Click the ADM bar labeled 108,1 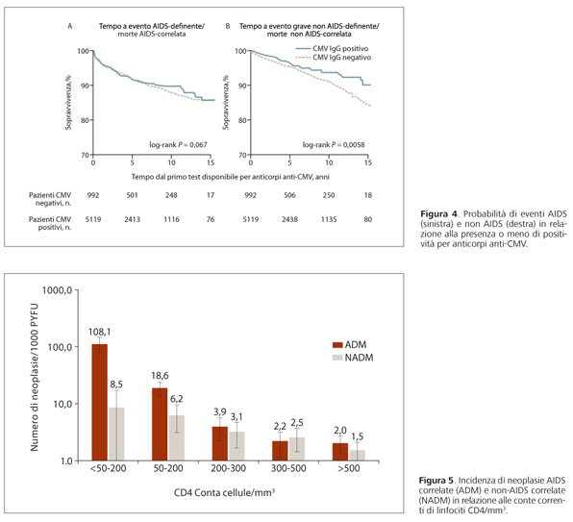point(99,402)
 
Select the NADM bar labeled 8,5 point(116,434)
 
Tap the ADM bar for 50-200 point(160,424)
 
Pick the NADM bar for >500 point(357,455)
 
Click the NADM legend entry point(353,358)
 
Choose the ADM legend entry point(349,344)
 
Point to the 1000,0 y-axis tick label point(57,290)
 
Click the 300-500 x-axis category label point(288,468)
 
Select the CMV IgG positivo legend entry point(332,49)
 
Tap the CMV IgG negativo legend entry point(334,58)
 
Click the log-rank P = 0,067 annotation point(178,144)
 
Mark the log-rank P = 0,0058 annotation point(334,144)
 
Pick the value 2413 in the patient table point(133,219)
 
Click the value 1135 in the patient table point(329,219)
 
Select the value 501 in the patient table point(133,195)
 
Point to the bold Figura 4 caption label point(438,213)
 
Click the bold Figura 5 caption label point(436,480)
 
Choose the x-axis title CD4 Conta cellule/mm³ point(224,493)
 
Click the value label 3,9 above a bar point(220,412)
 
